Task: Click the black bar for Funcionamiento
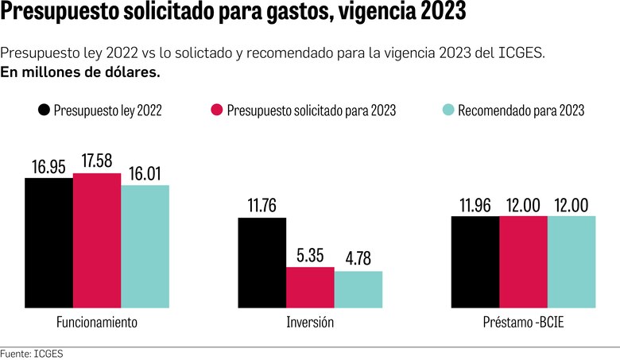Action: click(x=48, y=242)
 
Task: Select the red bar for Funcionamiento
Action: click(x=97, y=240)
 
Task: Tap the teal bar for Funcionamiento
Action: click(x=145, y=246)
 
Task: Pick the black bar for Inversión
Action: click(x=262, y=262)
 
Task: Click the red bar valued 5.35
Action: click(x=310, y=287)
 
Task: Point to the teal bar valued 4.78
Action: click(x=358, y=289)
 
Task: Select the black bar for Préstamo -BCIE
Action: click(x=475, y=261)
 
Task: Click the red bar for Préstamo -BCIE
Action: click(x=524, y=261)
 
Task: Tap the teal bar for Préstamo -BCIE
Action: click(x=572, y=261)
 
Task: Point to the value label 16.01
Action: click(x=145, y=173)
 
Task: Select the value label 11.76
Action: click(x=262, y=206)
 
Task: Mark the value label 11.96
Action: click(x=475, y=205)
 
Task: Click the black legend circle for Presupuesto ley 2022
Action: click(x=44, y=110)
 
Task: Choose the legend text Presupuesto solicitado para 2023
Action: click(x=311, y=111)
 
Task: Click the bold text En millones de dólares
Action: click(x=80, y=72)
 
